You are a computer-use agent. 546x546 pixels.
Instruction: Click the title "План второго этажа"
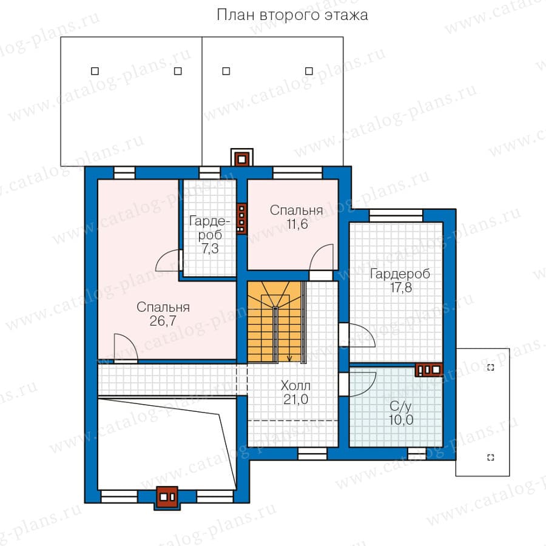click(x=292, y=15)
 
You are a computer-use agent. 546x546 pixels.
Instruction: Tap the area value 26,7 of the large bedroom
click(x=163, y=321)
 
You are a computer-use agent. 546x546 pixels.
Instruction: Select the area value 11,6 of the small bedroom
click(x=297, y=224)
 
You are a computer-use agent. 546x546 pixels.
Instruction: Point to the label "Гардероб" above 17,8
click(x=400, y=274)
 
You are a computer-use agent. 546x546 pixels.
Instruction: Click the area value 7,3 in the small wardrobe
click(x=210, y=248)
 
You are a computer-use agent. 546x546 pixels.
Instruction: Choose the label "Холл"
click(x=295, y=385)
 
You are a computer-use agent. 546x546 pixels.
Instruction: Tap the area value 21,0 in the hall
click(x=295, y=399)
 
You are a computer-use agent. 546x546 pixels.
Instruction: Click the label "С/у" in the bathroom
click(x=400, y=406)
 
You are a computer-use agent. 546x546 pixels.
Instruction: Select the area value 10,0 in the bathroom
click(x=401, y=420)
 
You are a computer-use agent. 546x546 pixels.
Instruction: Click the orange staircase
click(x=274, y=322)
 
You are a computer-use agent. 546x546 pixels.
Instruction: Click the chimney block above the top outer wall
click(x=241, y=157)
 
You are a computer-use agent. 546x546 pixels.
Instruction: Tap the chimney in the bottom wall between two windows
click(x=167, y=497)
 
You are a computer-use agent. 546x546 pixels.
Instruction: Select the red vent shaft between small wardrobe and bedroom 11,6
click(x=241, y=218)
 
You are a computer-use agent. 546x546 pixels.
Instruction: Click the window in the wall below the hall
click(x=312, y=454)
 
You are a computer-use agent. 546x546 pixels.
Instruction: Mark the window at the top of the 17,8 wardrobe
click(x=396, y=215)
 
